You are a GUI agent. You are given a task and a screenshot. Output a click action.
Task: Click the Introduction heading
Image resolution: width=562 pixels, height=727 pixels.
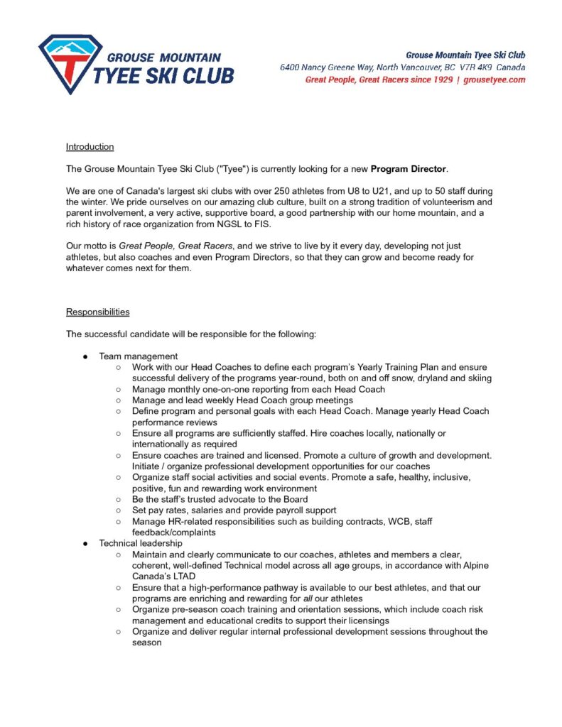pos(90,147)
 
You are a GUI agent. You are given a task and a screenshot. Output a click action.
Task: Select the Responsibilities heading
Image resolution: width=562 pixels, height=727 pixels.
pos(98,312)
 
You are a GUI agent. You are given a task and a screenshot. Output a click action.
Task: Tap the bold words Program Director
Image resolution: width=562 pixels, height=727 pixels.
pos(409,169)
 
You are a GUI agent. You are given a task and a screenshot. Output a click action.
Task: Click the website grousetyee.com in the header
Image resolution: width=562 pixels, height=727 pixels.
pos(495,80)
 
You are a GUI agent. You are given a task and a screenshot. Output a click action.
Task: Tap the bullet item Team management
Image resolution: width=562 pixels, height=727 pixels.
pos(138,356)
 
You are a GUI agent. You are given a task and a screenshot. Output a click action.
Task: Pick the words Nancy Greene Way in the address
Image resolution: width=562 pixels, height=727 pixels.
pos(335,67)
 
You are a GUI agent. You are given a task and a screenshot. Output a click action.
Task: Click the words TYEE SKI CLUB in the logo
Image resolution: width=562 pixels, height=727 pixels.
pos(164,75)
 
